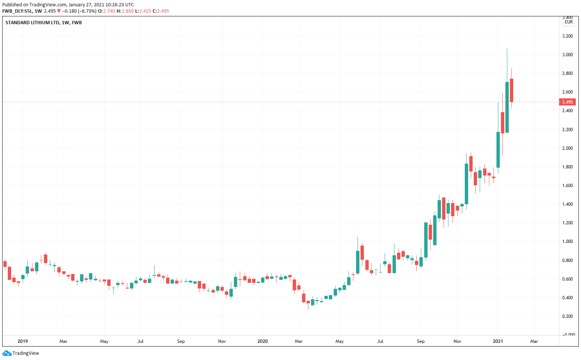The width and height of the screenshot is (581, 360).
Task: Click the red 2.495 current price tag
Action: tap(567, 102)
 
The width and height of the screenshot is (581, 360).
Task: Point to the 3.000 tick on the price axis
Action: tap(567, 55)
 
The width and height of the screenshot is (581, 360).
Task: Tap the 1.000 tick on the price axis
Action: tap(567, 241)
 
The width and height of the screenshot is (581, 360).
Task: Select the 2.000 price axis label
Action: tap(567, 148)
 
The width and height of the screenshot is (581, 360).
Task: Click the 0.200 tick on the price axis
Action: tap(567, 316)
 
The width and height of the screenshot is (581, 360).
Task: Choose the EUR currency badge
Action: tap(569, 22)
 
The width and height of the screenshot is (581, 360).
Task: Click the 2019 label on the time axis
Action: tap(23, 341)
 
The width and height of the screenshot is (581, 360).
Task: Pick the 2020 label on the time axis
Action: tap(263, 341)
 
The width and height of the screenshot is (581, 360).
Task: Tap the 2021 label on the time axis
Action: tap(498, 341)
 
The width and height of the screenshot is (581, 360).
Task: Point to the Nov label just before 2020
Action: tap(222, 341)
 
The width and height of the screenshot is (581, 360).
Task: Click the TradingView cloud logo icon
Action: tap(7, 353)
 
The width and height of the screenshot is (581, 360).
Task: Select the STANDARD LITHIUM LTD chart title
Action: tap(33, 22)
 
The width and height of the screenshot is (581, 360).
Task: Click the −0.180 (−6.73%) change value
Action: tap(79, 11)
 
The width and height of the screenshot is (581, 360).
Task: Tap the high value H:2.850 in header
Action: tap(125, 11)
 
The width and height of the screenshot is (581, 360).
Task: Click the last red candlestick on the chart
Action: tap(512, 90)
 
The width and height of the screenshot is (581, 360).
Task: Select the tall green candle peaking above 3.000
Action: tap(507, 107)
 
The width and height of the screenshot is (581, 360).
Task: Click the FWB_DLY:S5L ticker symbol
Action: tap(17, 11)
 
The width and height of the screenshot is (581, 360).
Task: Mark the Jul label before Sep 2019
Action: tap(140, 341)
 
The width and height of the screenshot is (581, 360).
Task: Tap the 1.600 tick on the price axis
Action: tap(567, 186)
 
